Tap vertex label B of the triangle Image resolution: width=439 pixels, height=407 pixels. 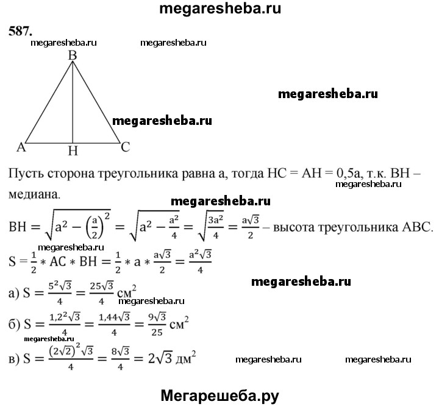point(73,56)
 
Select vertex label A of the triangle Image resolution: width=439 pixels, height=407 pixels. point(21,147)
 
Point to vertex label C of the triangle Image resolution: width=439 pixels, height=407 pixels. point(124,147)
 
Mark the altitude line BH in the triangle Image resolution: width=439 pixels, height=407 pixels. point(73,104)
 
